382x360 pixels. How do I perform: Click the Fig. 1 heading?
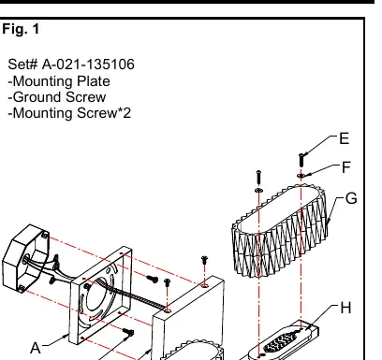point(21,29)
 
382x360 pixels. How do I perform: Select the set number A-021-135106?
point(88,65)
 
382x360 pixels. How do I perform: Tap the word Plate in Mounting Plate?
point(94,81)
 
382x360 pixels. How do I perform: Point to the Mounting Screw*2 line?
point(69,113)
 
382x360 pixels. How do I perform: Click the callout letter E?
point(344,138)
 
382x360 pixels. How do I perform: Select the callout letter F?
point(346,167)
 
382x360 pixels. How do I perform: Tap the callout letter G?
point(351,198)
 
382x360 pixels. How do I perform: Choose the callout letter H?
point(345,308)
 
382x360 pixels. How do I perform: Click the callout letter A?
point(36,348)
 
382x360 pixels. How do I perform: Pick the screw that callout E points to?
point(301,160)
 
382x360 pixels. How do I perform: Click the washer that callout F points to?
point(301,176)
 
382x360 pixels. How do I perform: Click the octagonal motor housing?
point(25,259)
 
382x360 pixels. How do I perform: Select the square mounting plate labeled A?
point(100,295)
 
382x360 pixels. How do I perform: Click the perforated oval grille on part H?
point(280,341)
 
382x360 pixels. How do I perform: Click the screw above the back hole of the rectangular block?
point(204,260)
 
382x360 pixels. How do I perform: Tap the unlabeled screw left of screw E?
point(258,178)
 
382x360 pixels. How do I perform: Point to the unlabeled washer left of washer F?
point(259,190)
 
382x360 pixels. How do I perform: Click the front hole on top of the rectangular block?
point(168,310)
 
